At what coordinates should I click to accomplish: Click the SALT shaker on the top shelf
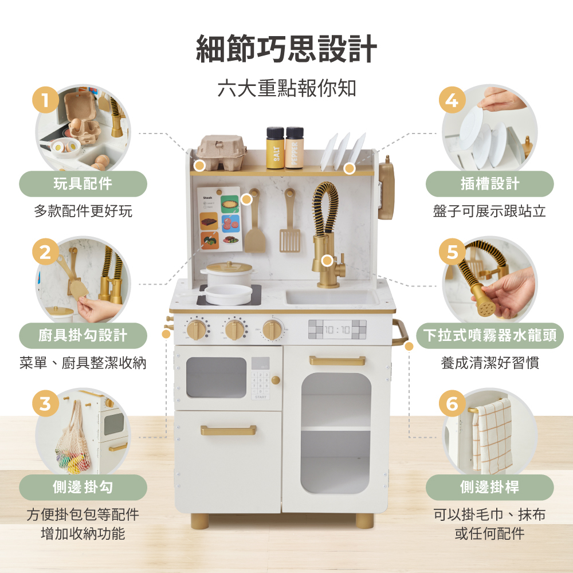(x=275, y=148)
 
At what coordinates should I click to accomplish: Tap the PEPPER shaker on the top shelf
(x=295, y=148)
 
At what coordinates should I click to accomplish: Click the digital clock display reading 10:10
(x=337, y=329)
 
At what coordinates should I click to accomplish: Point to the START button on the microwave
(x=261, y=397)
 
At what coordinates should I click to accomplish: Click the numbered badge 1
(x=46, y=100)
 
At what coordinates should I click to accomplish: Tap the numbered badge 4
(x=452, y=100)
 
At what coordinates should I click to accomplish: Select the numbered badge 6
(x=452, y=403)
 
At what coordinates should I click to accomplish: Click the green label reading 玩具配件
(x=83, y=184)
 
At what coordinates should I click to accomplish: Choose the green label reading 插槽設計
(x=489, y=184)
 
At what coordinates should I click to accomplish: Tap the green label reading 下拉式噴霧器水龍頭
(x=489, y=335)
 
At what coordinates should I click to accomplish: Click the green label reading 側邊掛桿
(x=489, y=488)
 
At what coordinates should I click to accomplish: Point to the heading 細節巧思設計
(x=286, y=49)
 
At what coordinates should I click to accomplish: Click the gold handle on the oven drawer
(x=228, y=430)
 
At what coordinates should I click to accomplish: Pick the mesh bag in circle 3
(x=72, y=441)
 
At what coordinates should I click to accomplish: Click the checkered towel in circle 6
(x=493, y=435)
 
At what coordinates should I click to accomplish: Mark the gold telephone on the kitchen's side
(x=387, y=189)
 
